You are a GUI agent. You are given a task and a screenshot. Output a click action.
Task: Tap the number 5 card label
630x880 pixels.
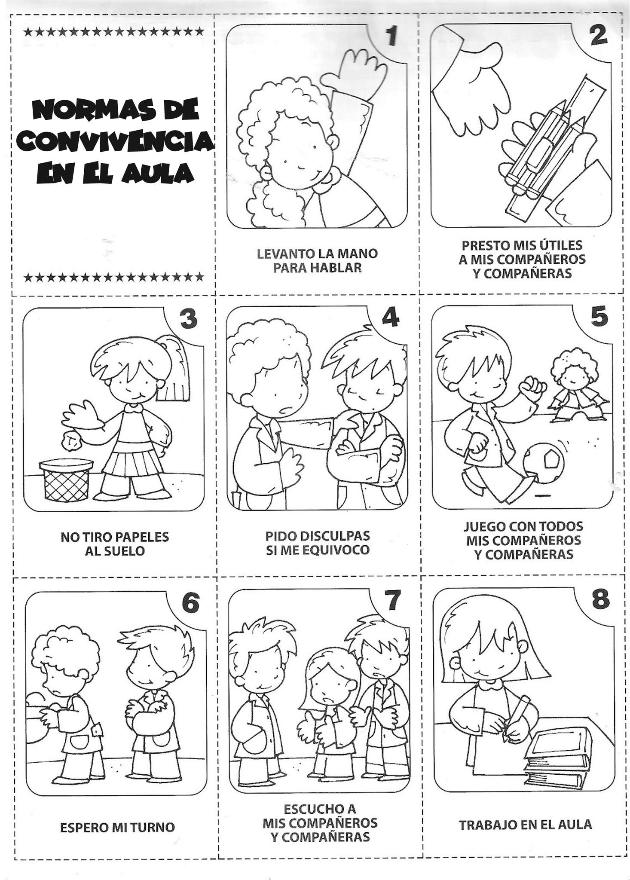599,317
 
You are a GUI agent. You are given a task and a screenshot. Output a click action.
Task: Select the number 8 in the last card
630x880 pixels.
601,599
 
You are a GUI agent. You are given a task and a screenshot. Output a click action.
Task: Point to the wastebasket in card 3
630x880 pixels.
66,480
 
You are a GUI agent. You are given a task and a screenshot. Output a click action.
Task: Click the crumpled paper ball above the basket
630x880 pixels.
71,440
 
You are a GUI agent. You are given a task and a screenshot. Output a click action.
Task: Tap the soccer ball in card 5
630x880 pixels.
543,461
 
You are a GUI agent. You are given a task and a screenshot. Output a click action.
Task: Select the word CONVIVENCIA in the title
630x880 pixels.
116,141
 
